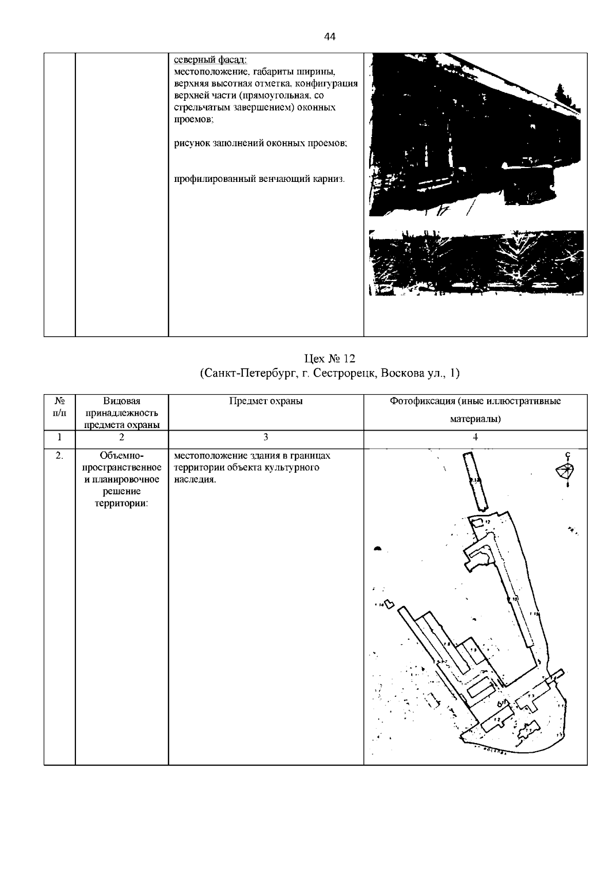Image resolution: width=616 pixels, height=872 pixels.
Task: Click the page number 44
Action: click(x=330, y=37)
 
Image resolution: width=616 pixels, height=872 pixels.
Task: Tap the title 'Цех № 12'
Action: click(x=330, y=359)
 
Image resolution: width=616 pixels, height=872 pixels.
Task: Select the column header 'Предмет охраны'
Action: click(x=265, y=401)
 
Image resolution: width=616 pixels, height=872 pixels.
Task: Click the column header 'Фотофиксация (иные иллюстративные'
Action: click(x=475, y=401)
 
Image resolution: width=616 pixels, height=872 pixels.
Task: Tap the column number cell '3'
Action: click(x=265, y=437)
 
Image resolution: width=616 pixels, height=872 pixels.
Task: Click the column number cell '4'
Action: click(x=475, y=437)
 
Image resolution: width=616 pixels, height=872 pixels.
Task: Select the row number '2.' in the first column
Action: click(x=60, y=456)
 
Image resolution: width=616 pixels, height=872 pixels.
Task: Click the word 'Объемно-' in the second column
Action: click(x=122, y=456)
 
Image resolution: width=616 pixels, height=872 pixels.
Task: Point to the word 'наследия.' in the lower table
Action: click(x=195, y=480)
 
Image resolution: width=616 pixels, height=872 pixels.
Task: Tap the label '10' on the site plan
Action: click(x=514, y=599)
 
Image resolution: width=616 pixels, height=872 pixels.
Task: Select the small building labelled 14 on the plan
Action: click(x=389, y=604)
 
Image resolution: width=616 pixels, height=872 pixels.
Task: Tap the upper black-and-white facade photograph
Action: click(x=476, y=135)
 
